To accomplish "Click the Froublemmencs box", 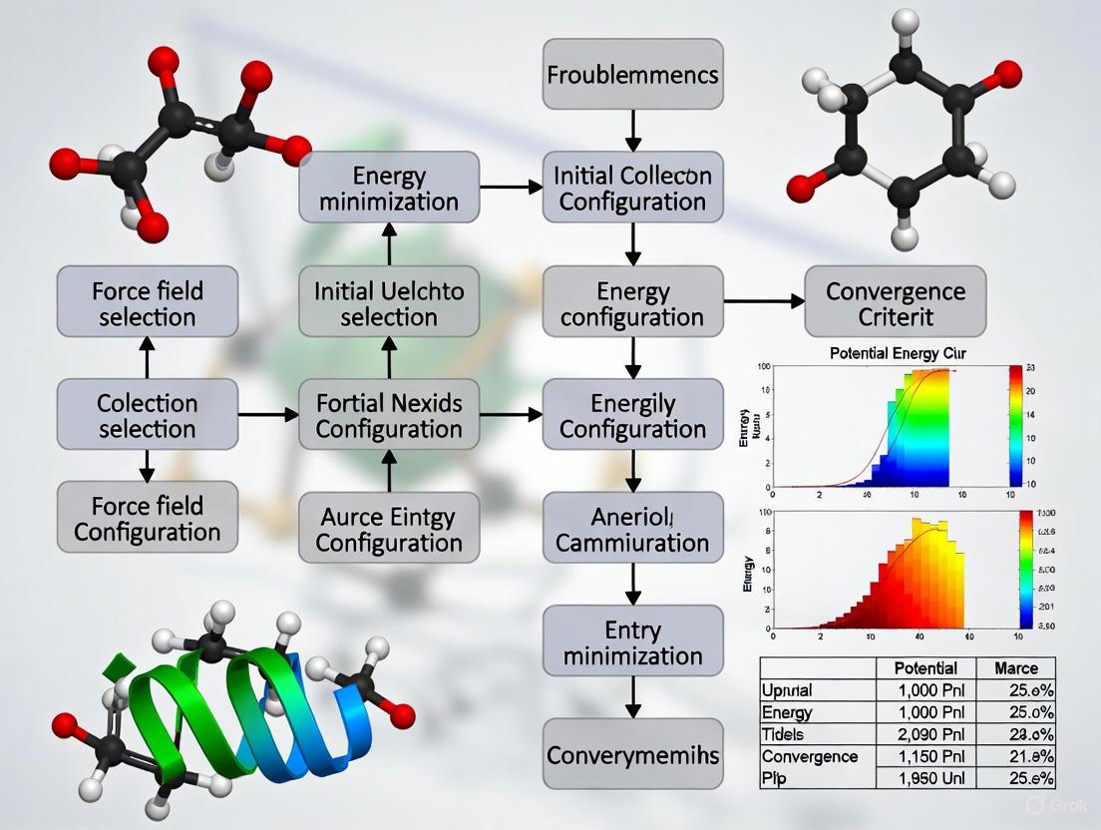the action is click(632, 74).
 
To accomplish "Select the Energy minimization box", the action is click(389, 188).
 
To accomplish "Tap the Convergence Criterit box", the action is click(895, 303).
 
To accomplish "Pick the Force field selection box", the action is click(148, 303).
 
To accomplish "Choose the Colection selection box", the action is click(148, 415).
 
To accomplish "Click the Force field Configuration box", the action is click(148, 517).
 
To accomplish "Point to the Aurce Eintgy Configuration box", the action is click(389, 529).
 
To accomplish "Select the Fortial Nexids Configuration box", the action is click(389, 415).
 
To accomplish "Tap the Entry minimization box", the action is click(632, 641).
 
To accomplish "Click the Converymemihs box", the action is click(632, 754).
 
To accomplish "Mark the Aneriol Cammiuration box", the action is click(632, 529).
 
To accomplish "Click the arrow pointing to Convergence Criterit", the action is click(763, 299).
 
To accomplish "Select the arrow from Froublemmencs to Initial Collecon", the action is click(632, 128).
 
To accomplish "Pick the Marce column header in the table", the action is click(1015, 667).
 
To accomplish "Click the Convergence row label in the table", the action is click(809, 756).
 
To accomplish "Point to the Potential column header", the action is click(925, 667).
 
